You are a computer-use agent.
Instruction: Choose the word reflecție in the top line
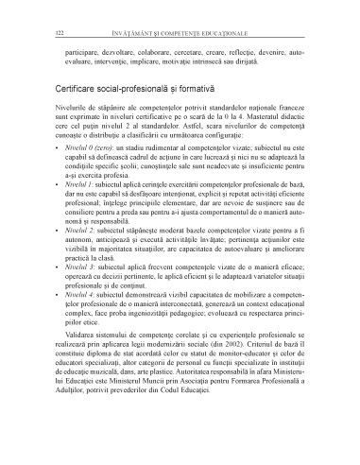pyautogui.click(x=242, y=43)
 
